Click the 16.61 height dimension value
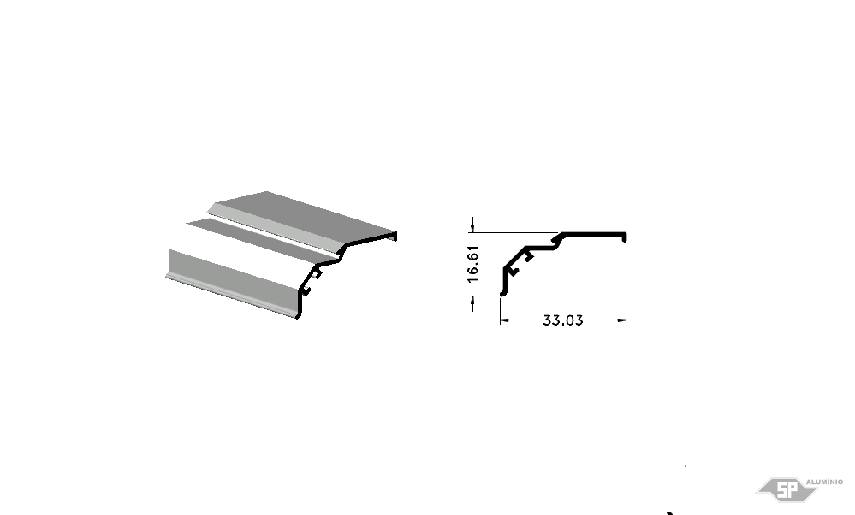[472, 264]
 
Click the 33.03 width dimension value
[563, 320]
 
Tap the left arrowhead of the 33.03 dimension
[504, 320]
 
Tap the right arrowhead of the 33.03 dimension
[621, 320]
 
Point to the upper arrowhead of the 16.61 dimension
[472, 227]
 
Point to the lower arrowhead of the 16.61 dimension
[472, 301]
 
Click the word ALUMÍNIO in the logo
[824, 482]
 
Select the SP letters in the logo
[787, 490]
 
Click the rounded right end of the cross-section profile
[624, 237]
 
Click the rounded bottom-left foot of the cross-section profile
[502, 294]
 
